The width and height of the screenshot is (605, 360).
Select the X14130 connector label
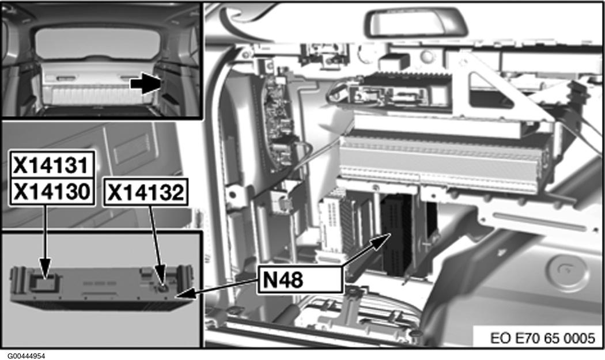tap(51, 191)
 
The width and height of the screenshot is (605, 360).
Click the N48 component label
tap(283, 281)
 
